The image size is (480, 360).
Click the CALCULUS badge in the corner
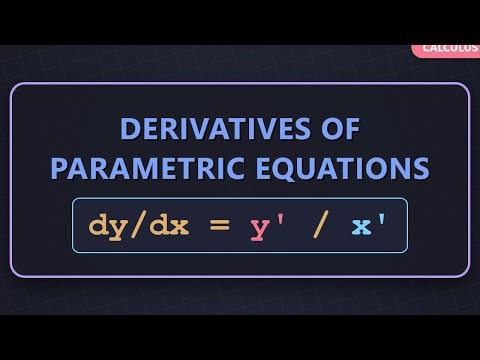click(448, 47)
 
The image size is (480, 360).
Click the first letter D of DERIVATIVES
click(130, 130)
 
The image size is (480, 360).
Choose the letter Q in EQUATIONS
click(282, 167)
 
